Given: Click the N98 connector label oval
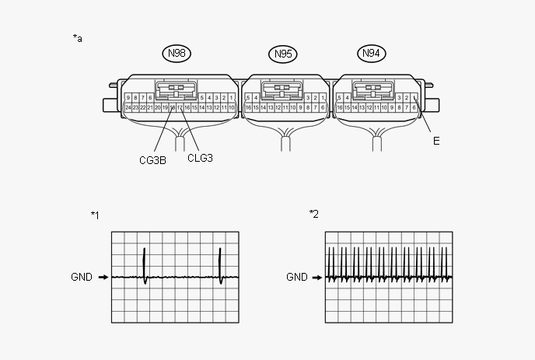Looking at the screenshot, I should point(177,53).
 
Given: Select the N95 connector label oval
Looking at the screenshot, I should point(283,54).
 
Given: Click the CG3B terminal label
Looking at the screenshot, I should point(152,161).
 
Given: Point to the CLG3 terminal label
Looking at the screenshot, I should point(200,157).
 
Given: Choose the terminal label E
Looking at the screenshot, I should point(436,142).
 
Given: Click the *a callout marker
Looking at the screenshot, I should point(78,37).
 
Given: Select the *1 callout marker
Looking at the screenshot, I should point(95,215).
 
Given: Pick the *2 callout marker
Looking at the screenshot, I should point(314,214).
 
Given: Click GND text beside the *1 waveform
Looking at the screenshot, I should point(82,277).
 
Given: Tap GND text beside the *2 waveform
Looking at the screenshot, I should point(296,277).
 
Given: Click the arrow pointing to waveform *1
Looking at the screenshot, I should point(103,277).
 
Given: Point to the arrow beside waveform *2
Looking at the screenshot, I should point(317,277).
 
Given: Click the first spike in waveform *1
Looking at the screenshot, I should point(145,264).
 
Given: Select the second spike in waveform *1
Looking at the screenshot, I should point(221,264).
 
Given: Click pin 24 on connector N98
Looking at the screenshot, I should point(128,107).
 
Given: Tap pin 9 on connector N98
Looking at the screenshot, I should point(128,97).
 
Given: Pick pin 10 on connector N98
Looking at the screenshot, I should point(231,107).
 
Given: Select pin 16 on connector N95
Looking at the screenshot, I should point(248,107).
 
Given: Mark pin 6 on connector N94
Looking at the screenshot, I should point(414,107).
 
